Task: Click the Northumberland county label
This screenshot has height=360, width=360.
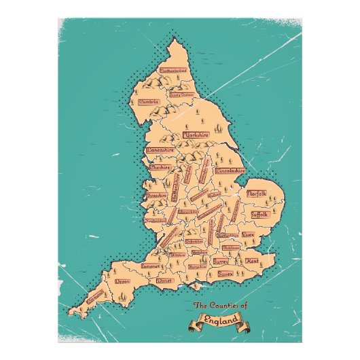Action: coord(173,70)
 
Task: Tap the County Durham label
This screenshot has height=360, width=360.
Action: coord(181,95)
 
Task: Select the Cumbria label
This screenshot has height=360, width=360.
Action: coord(149,102)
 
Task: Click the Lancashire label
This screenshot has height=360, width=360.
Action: coord(161,149)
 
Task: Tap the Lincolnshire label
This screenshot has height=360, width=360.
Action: coord(230,171)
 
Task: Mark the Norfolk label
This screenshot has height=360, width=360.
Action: coord(257,194)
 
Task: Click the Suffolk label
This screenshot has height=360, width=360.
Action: coord(259,214)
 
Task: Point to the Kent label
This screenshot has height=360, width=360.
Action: coord(252,261)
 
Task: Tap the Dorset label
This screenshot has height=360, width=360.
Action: coord(164,280)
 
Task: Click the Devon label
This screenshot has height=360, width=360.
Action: coord(123,281)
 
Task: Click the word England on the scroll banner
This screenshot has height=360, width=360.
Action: coord(221,319)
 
